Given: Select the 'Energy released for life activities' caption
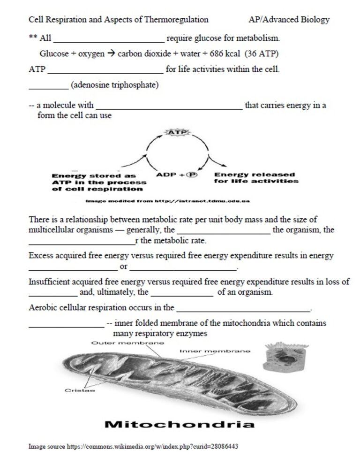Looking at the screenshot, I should [x=255, y=178].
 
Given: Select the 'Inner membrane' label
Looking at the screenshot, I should [x=215, y=351].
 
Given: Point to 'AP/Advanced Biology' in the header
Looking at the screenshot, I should [x=289, y=20].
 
